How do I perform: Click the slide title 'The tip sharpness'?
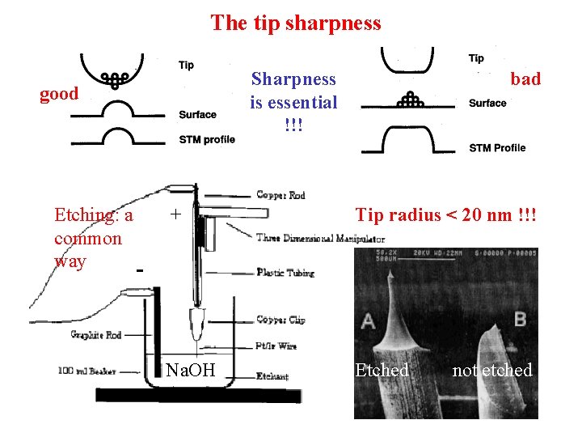(295, 23)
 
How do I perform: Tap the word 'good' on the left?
(60, 94)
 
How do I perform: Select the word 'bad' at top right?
(525, 78)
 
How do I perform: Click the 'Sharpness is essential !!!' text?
(293, 102)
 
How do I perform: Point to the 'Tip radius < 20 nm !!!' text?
(447, 214)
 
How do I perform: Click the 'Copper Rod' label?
(281, 194)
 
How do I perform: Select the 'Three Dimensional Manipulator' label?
(320, 239)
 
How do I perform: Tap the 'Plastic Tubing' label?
(286, 272)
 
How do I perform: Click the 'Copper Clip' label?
(281, 320)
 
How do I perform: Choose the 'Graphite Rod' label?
(97, 334)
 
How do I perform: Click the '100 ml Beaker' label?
(87, 371)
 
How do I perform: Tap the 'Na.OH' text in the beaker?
(191, 371)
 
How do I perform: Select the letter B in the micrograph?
(519, 318)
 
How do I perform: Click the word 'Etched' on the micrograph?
(382, 371)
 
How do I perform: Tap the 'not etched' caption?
(492, 371)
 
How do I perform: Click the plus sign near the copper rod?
(175, 214)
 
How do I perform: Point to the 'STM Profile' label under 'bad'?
(497, 147)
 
